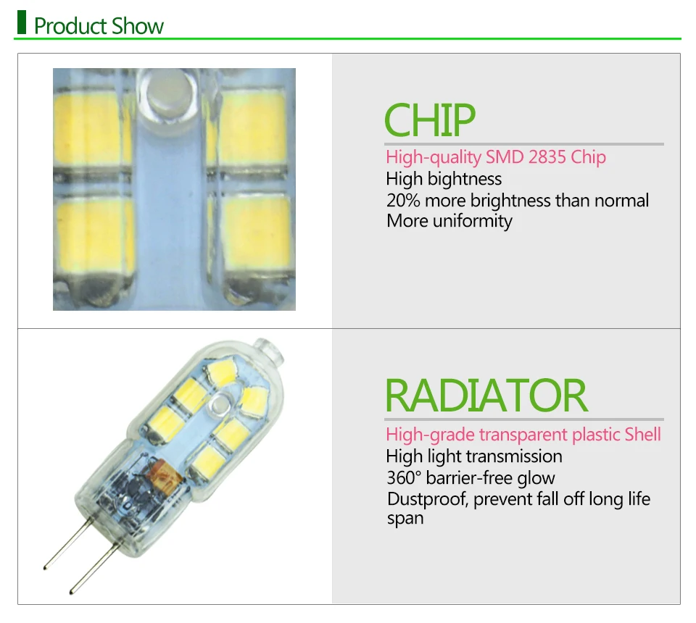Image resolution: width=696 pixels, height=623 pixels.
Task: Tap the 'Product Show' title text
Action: tap(99, 27)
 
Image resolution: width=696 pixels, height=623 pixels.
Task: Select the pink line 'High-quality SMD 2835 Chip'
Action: tap(495, 157)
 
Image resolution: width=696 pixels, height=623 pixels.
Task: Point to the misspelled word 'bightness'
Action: tap(465, 179)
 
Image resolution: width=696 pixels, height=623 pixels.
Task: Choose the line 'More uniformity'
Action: tap(449, 221)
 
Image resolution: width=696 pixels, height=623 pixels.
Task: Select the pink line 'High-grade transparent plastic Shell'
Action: tap(523, 435)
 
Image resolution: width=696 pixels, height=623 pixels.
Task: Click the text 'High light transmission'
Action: tap(473, 456)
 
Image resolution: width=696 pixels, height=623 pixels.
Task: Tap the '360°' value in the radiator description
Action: tap(403, 478)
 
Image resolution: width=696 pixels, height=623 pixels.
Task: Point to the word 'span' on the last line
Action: tap(405, 519)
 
